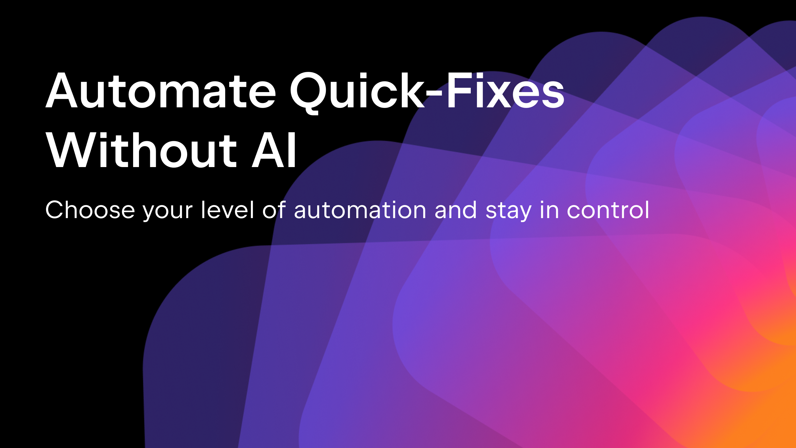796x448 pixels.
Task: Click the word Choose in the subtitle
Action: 90,210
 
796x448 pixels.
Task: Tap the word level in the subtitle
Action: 228,210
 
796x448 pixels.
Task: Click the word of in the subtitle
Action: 274,210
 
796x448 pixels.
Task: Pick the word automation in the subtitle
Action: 360,210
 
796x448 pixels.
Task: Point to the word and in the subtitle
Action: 456,210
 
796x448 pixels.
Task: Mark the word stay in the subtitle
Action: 508,212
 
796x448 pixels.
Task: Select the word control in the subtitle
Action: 608,210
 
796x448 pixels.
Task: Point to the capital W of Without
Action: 75,151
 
